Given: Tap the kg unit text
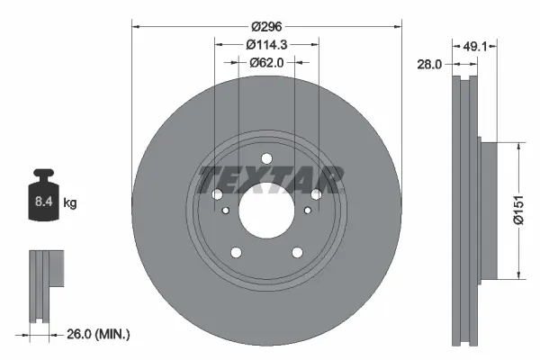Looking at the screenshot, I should coord(69,203).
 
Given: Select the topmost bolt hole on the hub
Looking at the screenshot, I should coord(266,160).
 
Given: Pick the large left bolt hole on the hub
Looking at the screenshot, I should coord(216,195).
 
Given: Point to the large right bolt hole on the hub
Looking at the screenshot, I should coord(317,195).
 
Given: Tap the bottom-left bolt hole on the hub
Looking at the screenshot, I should coord(235,253).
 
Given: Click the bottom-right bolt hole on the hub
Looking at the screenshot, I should coord(297,253).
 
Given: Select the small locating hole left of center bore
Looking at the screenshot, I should coord(224,210).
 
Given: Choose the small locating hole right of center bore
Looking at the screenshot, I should coord(309,210).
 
